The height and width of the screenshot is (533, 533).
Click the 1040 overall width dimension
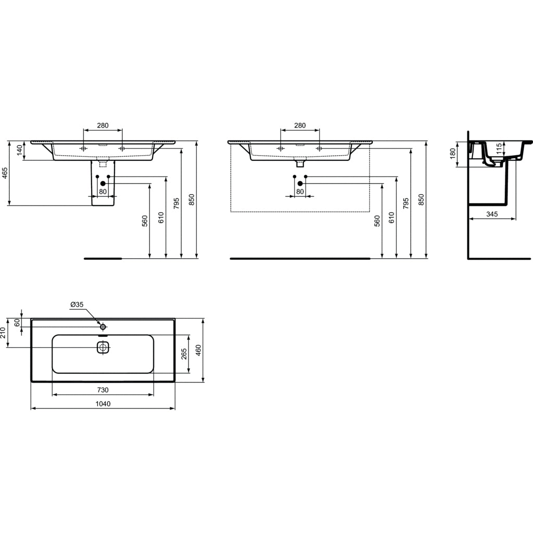[x=103, y=403]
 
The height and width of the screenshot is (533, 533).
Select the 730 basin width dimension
[x=103, y=390]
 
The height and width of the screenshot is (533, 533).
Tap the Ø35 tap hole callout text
[x=77, y=304]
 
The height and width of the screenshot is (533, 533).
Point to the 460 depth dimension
[x=198, y=350]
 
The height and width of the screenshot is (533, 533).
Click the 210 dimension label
[x=3, y=333]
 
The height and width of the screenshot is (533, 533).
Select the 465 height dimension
[x=5, y=173]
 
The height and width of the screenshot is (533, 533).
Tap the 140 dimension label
[x=20, y=150]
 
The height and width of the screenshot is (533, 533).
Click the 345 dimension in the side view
[x=492, y=214]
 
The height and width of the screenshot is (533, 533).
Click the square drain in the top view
[x=103, y=348]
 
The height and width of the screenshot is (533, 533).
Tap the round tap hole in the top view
[x=103, y=327]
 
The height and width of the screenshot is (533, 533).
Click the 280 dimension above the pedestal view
[x=103, y=125]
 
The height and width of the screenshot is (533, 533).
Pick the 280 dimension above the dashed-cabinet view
[x=300, y=125]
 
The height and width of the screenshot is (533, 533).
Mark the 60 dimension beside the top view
[x=17, y=323]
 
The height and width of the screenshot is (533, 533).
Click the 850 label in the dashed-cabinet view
[x=421, y=199]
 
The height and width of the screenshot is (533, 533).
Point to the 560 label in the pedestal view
[x=145, y=221]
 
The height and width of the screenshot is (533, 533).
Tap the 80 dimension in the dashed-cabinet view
[x=300, y=192]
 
